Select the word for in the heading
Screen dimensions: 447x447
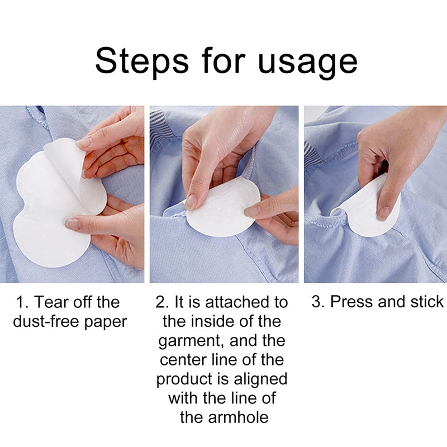223,61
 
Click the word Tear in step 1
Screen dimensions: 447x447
54,302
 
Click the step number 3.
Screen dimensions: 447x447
317,302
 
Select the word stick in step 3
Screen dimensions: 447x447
426,302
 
